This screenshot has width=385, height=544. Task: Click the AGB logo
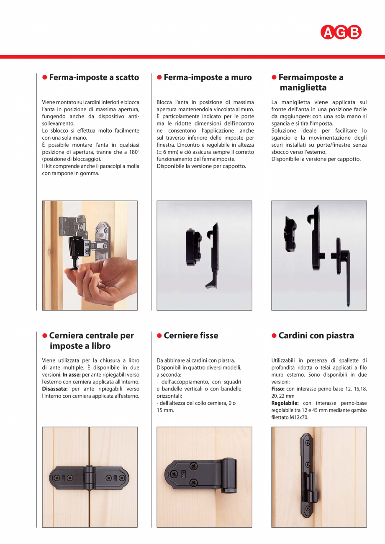pyautogui.click(x=341, y=32)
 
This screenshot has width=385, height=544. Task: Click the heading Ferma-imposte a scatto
pyautogui.click(x=94, y=77)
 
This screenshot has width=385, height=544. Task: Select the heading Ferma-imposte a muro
pyautogui.click(x=208, y=77)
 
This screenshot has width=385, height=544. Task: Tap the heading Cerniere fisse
pyautogui.click(x=191, y=335)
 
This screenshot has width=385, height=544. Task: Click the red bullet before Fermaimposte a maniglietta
pyautogui.click(x=274, y=77)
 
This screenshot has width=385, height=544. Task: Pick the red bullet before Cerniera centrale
pyautogui.click(x=45, y=336)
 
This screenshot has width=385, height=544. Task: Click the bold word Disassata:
pyautogui.click(x=55, y=388)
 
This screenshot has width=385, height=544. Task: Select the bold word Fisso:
pyautogui.click(x=278, y=388)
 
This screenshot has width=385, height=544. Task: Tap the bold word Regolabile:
pyautogui.click(x=285, y=403)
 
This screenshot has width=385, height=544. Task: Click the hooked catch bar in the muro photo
pyautogui.click(x=214, y=255)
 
